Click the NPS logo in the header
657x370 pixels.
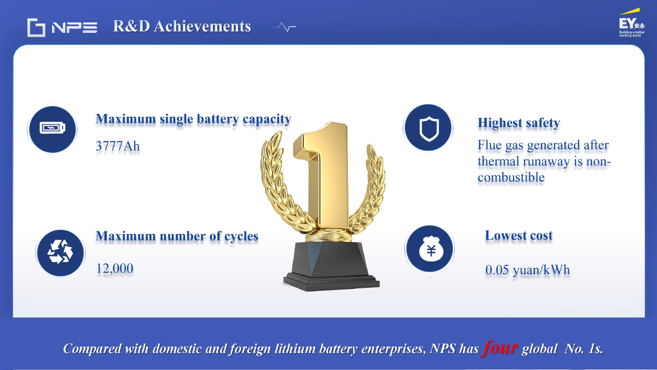point(62,27)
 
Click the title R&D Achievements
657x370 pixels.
point(182,26)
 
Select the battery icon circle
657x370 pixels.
point(53,129)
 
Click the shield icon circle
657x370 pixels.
point(428,128)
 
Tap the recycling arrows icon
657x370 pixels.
point(60,253)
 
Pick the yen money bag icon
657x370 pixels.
point(430,249)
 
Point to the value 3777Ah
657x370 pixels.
point(118,146)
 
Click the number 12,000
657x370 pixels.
point(114,268)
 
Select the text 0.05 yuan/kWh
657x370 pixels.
point(527,270)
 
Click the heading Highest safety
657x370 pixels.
point(519,123)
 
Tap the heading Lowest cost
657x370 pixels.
point(518,236)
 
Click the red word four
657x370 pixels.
point(499,348)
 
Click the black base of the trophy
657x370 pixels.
point(331,266)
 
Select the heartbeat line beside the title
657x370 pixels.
point(285,27)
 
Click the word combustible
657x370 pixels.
point(511,178)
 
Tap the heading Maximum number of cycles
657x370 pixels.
point(177,236)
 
